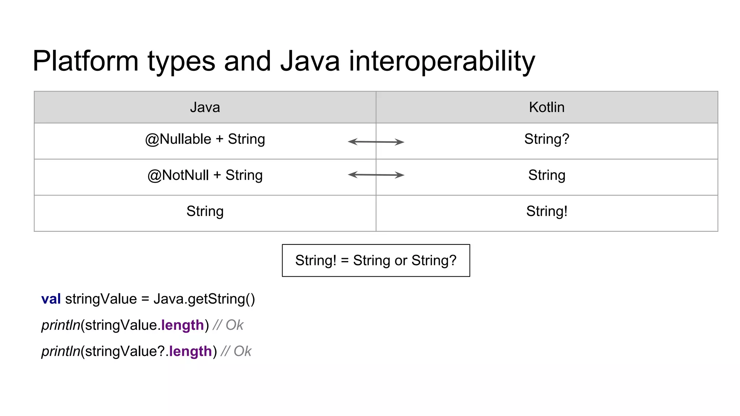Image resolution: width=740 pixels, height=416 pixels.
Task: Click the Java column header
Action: pos(205,107)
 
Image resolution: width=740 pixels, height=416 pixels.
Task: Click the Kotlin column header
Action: pos(546,107)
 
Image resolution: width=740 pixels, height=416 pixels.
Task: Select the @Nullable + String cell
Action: pos(205,139)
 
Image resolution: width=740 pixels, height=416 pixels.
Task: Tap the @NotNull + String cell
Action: pos(205,175)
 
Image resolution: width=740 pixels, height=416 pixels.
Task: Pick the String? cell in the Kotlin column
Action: pos(546,139)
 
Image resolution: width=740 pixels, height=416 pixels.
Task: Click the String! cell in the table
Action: pos(546,211)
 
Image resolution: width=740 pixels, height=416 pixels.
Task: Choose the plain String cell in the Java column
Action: pos(205,211)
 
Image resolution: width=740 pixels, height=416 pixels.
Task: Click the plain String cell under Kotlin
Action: pos(546,175)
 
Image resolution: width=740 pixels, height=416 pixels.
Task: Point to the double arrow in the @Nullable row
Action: pos(376,142)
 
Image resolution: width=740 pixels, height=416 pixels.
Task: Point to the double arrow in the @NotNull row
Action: pos(376,175)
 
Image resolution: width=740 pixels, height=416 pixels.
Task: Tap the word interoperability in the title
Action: pos(442,61)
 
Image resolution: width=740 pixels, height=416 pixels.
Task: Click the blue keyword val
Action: pos(51,299)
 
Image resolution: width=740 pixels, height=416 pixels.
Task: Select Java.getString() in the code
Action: pos(204,299)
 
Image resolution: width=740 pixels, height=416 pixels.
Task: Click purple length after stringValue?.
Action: pos(190,351)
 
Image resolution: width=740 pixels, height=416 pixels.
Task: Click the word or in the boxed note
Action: pos(401,261)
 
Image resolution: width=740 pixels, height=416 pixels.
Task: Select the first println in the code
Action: pos(60,325)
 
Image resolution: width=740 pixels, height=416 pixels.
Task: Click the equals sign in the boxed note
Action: pos(345,261)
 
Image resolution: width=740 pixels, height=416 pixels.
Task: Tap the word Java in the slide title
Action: pos(310,61)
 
